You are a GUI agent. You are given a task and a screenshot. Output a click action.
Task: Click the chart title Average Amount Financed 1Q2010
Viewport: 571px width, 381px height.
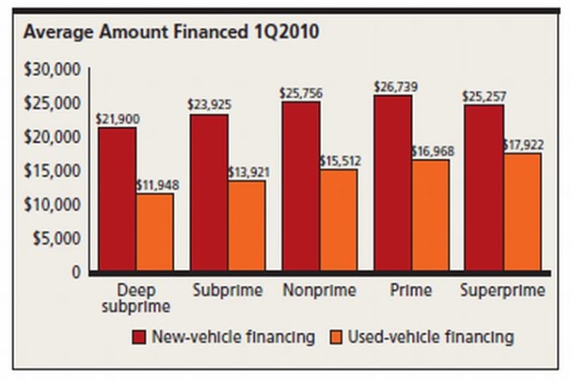point(170,33)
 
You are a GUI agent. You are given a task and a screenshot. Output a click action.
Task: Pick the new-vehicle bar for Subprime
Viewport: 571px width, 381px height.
point(209,192)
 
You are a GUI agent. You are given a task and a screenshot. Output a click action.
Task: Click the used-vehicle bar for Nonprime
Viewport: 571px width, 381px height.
point(338,221)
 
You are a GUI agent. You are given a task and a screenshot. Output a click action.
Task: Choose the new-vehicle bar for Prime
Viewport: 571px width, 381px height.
point(392,184)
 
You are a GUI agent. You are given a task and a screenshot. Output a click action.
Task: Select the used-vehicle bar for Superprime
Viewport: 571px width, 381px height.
point(522,212)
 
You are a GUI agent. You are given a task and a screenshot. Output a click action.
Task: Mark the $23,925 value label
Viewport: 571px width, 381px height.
point(210,106)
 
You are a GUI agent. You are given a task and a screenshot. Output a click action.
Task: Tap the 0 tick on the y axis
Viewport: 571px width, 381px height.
point(75,272)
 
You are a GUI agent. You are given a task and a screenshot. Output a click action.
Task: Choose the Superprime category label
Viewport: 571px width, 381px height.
point(503,291)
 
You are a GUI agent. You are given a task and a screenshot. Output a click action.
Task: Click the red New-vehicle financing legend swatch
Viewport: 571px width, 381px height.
point(139,338)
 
